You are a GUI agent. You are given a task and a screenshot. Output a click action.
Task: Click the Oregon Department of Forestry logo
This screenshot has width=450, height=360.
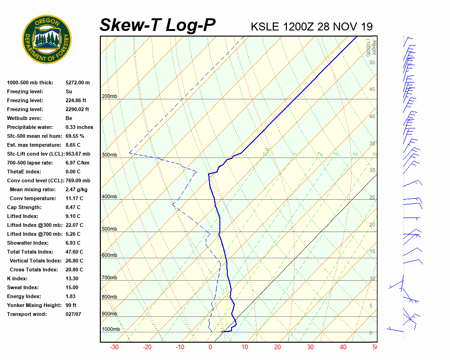click(47, 39)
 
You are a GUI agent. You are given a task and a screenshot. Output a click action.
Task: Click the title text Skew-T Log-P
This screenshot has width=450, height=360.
click(157, 25)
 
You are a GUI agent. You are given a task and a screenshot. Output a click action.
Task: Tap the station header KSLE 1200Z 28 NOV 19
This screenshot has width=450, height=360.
click(312, 27)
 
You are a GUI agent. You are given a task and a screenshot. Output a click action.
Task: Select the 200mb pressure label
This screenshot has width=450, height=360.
click(109, 97)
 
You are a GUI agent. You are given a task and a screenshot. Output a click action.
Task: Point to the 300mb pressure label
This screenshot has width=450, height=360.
click(109, 155)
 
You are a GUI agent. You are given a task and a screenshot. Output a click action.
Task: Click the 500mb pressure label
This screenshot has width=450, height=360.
click(109, 229)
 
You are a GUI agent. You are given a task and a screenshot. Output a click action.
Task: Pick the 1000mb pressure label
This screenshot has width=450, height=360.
click(111, 330)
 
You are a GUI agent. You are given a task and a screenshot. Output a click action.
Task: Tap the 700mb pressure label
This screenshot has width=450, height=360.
click(109, 278)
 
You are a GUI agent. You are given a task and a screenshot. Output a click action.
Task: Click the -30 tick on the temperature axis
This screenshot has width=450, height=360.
click(114, 347)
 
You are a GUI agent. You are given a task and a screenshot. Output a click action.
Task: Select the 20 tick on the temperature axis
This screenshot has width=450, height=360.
click(277, 347)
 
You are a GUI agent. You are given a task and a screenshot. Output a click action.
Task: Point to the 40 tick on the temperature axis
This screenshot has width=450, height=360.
click(344, 347)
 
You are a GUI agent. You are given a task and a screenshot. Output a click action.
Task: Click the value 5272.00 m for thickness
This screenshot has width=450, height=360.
click(77, 82)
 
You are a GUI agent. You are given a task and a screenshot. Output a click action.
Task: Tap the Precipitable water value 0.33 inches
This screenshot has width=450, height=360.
click(79, 127)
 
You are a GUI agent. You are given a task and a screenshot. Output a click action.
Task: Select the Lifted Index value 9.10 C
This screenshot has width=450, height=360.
click(73, 216)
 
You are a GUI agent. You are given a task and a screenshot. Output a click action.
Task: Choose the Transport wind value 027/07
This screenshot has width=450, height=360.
click(73, 314)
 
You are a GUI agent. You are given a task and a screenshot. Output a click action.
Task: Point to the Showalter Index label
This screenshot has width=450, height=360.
click(28, 243)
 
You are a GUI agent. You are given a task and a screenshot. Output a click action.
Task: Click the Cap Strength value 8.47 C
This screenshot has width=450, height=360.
click(73, 207)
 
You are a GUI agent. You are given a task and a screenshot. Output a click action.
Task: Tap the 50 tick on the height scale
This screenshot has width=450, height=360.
click(372, 62)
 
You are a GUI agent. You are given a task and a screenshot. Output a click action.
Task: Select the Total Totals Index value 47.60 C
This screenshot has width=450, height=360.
click(74, 252)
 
